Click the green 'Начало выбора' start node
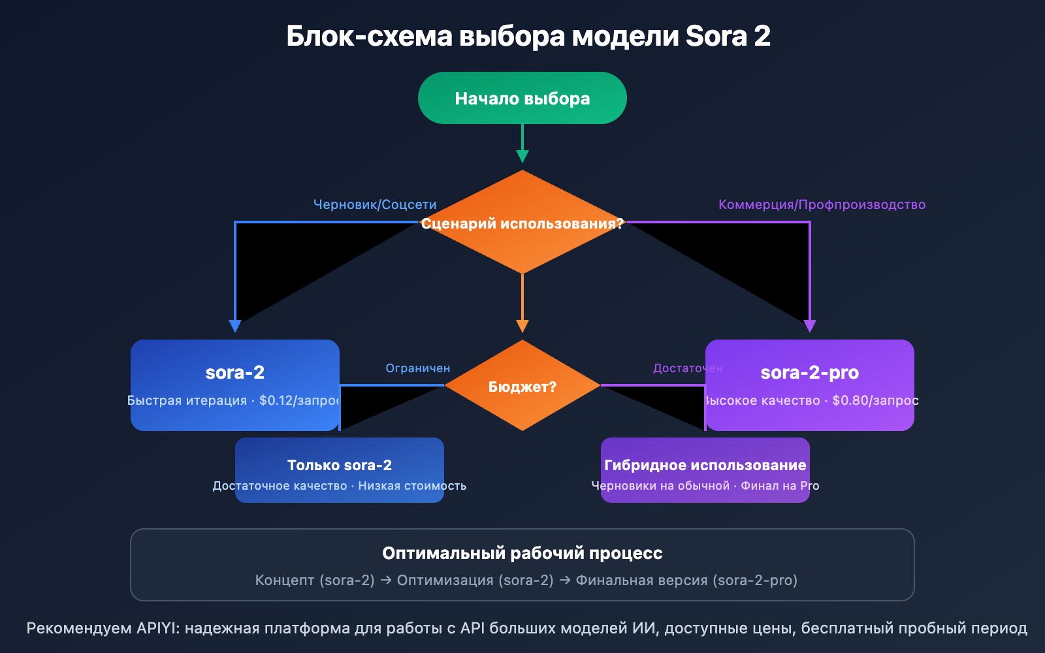pos(522,98)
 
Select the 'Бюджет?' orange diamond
pos(522,386)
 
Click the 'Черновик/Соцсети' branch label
pos(375,204)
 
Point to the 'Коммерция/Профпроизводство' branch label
pos(822,204)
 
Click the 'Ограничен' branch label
pos(417,368)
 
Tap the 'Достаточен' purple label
pos(687,368)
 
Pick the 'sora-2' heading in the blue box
pos(235,372)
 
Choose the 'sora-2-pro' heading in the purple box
pos(809,372)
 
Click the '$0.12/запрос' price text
pos(299,400)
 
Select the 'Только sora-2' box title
pos(340,465)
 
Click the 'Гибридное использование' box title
pos(705,465)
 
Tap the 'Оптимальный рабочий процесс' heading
pos(522,553)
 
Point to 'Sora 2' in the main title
pos(728,36)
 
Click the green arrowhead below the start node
pos(522,156)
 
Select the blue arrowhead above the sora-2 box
pos(235,326)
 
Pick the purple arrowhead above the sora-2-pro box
pos(810,326)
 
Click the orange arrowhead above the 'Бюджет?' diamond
pos(522,326)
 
